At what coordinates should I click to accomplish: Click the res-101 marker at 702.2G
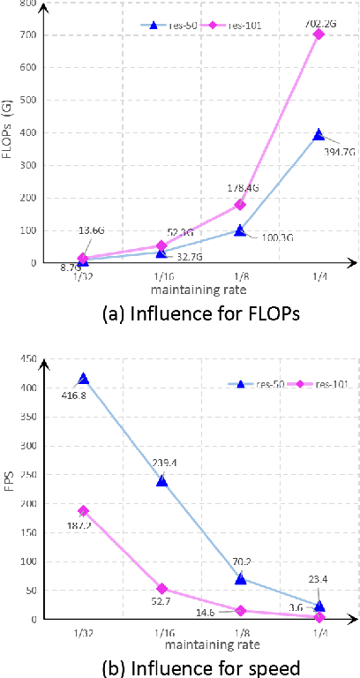[319, 34]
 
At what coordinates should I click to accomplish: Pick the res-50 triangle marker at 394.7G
[319, 135]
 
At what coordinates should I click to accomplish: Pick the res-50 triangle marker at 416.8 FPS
[84, 379]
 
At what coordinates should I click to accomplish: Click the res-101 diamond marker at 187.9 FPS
[84, 511]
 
